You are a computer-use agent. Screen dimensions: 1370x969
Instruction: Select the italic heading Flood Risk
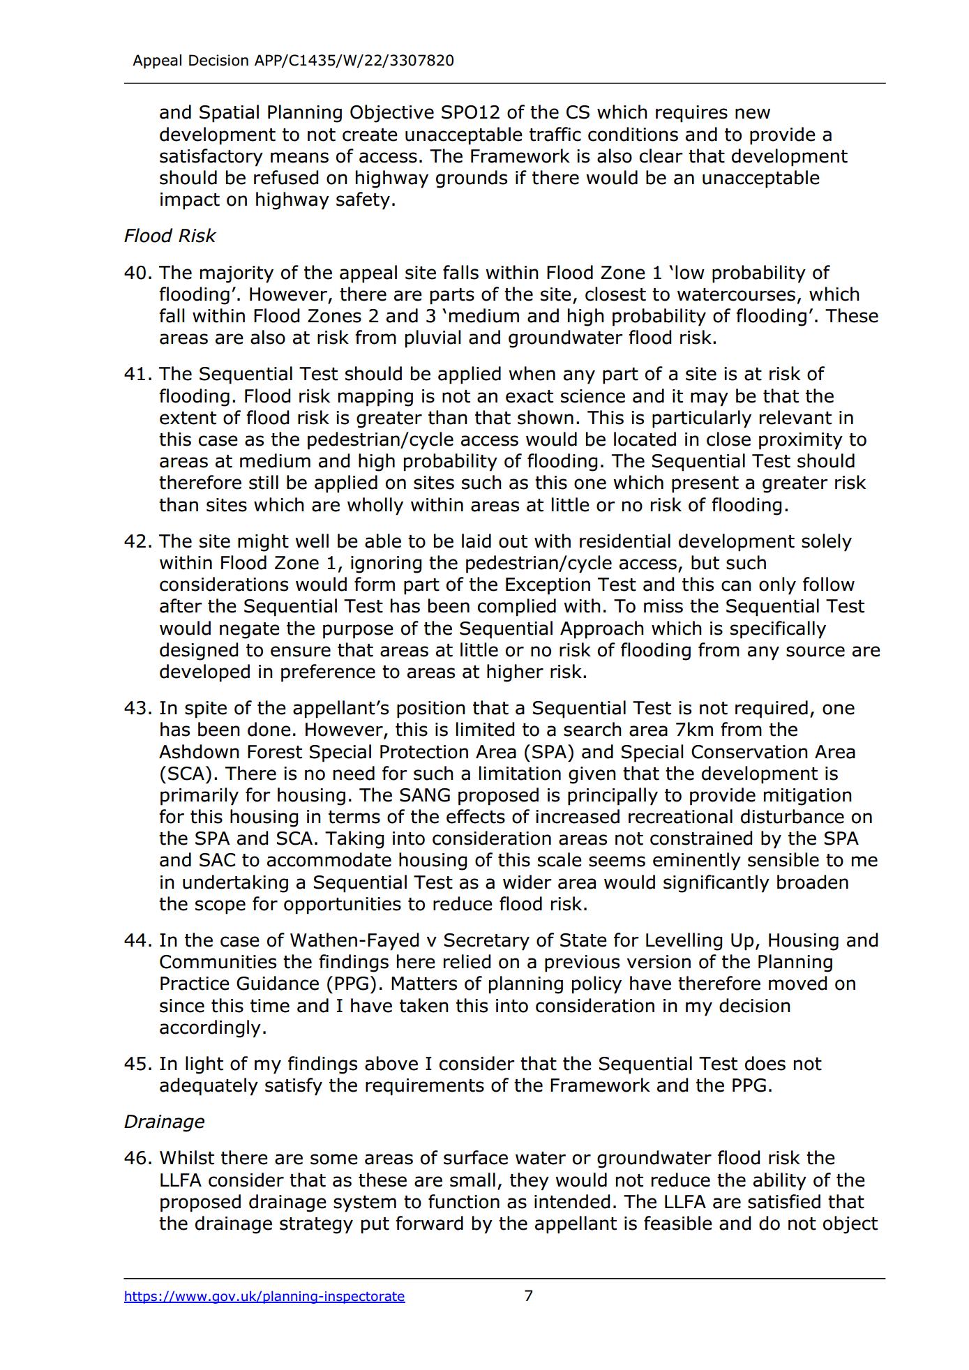[170, 236]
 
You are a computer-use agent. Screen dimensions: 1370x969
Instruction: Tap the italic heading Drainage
[164, 1121]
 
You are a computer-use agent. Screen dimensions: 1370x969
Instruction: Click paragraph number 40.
[137, 273]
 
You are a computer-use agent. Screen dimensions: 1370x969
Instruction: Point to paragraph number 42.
[137, 541]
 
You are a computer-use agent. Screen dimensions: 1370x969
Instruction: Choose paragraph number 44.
[137, 940]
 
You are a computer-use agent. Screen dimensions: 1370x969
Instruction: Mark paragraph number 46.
[137, 1158]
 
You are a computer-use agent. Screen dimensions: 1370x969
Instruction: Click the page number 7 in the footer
[528, 1295]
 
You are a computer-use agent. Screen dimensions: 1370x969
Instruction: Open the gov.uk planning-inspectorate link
[264, 1296]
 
